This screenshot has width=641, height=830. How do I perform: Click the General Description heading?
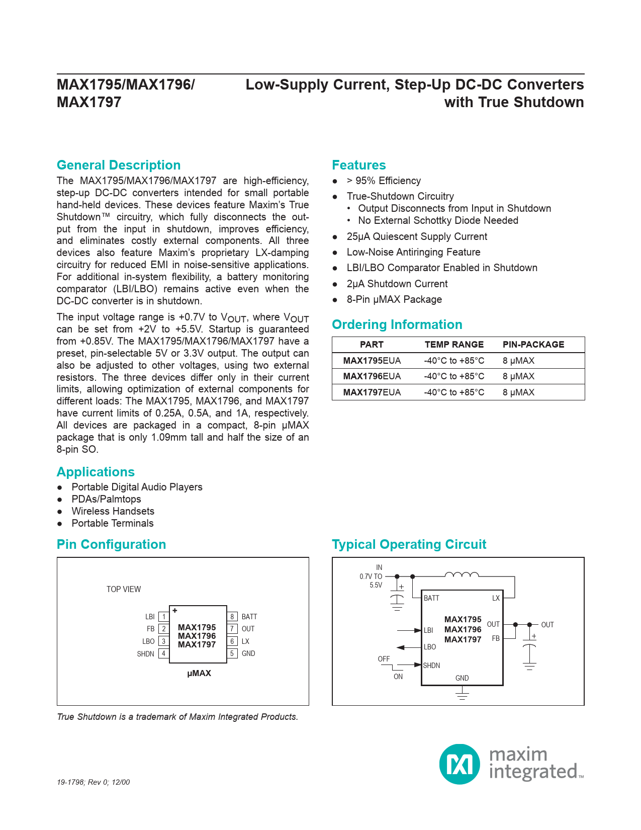[119, 165]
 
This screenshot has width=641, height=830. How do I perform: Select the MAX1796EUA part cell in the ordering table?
[372, 376]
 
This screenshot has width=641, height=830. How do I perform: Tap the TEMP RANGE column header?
[454, 345]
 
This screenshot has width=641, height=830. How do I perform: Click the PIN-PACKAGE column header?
[533, 345]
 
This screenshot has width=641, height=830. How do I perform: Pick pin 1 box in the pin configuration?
[163, 617]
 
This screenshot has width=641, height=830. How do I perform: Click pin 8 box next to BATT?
[232, 617]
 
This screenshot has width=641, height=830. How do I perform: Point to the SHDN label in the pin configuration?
[145, 654]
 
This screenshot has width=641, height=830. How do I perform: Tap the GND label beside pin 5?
[248, 654]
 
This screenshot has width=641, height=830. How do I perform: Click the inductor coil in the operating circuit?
[462, 575]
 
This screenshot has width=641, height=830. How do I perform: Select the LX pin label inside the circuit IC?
[496, 598]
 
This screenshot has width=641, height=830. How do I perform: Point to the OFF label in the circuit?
[384, 659]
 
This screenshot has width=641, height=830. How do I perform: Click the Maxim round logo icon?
[460, 764]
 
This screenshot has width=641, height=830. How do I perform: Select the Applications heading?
[96, 472]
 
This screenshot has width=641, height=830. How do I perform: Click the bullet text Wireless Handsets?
[113, 512]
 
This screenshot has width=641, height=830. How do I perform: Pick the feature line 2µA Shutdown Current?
[397, 284]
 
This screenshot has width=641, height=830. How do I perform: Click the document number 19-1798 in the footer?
[70, 782]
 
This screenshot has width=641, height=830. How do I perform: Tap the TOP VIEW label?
[124, 590]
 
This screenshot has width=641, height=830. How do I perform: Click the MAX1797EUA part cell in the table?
[372, 392]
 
